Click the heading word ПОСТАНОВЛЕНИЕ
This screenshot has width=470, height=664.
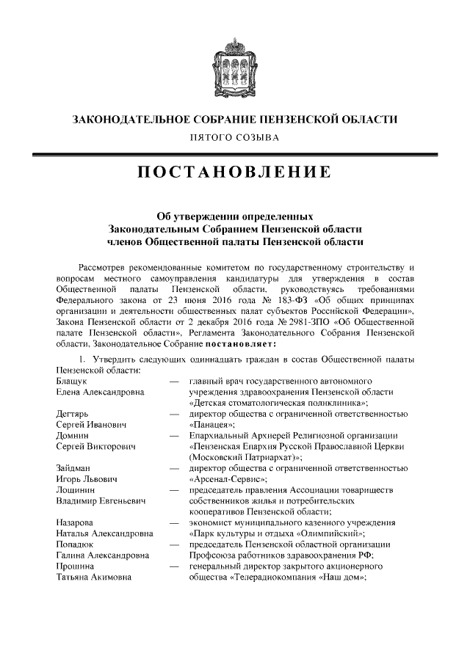point(234,174)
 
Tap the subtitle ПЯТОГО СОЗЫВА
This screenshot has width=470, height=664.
point(234,137)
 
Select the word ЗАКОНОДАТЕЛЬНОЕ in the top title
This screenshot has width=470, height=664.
point(126,119)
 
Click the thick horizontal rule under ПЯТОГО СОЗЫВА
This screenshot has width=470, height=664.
point(234,154)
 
